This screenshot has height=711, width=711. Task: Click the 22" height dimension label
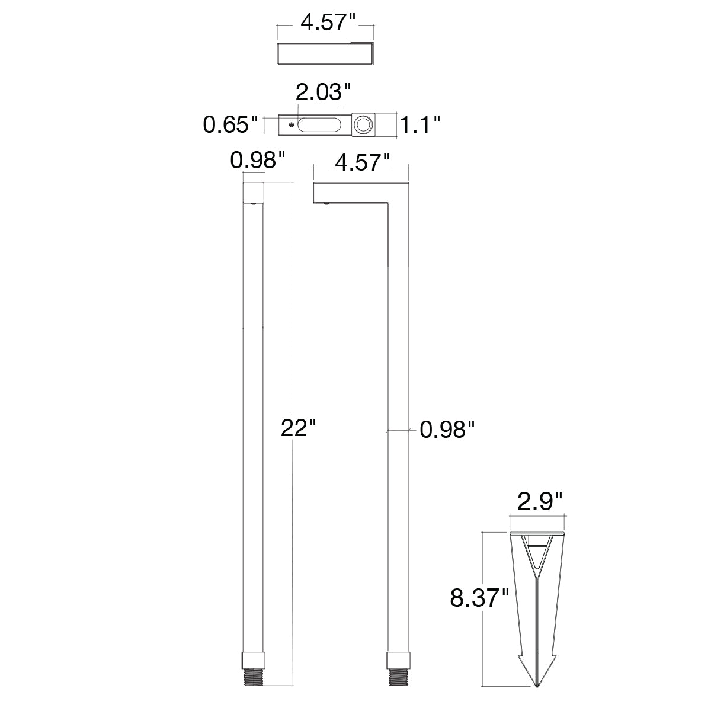click(x=299, y=428)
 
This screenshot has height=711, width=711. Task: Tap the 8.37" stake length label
click(x=479, y=598)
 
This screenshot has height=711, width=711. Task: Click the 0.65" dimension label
click(x=230, y=124)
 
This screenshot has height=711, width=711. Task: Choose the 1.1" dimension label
click(x=420, y=124)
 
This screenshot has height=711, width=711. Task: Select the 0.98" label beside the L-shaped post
click(x=447, y=430)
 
